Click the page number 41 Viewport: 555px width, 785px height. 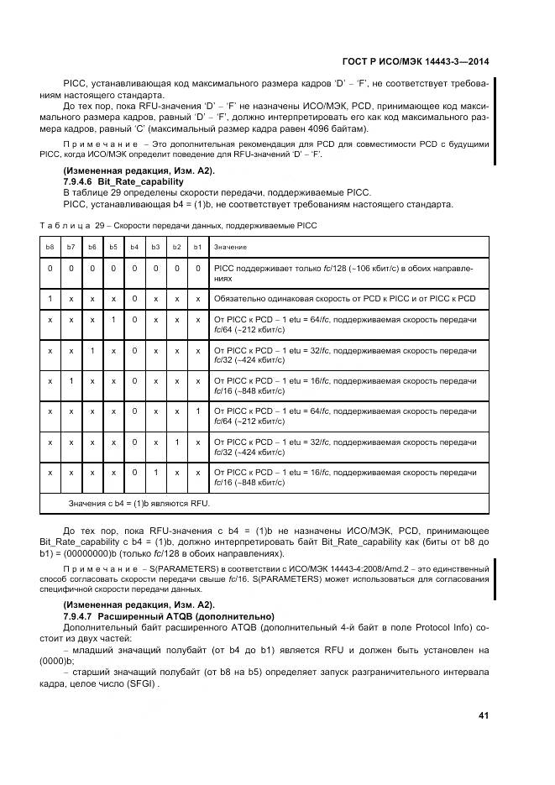(483, 715)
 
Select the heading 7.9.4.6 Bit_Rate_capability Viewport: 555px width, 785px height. (123, 181)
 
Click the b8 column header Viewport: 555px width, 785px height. (50, 248)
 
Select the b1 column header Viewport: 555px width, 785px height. (197, 248)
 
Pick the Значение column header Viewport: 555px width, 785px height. (231, 248)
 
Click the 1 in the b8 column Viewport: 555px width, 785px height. (50, 298)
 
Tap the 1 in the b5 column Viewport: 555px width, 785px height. (113, 320)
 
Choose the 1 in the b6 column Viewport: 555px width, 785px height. (92, 351)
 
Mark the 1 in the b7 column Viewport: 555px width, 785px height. (71, 381)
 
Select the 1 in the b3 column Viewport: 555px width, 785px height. (155, 473)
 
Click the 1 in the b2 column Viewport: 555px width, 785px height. (176, 442)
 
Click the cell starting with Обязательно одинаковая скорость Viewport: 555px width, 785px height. (344, 298)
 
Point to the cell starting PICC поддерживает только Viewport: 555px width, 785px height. (344, 273)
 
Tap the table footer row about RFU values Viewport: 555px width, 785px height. (139, 503)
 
